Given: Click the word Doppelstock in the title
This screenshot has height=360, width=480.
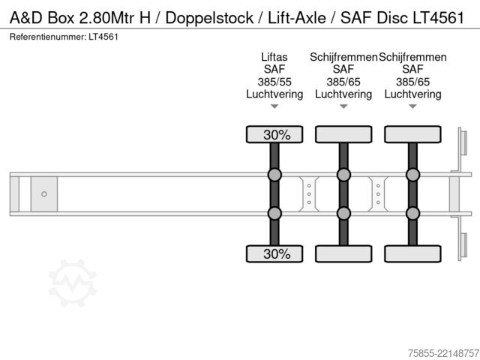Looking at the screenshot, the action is [x=209, y=18].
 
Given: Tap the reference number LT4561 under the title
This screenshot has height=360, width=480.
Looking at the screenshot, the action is [x=103, y=37].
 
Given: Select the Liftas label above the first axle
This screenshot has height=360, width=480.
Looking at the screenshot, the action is [x=274, y=57].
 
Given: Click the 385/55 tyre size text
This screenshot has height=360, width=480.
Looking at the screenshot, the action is [x=274, y=82].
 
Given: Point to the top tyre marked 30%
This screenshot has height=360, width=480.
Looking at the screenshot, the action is [x=274, y=134].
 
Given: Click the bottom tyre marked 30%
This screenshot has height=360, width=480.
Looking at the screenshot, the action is [x=274, y=253].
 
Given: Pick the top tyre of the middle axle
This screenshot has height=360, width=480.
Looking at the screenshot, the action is [x=343, y=134].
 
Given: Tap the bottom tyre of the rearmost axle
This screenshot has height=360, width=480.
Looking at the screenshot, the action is [x=413, y=253].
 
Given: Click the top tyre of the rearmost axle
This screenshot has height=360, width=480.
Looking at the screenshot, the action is [x=413, y=134].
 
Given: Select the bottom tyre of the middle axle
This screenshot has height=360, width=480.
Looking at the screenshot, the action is [x=343, y=253].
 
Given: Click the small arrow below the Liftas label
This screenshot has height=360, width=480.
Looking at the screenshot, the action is [x=274, y=106].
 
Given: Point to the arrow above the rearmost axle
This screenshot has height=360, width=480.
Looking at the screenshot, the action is [x=413, y=106].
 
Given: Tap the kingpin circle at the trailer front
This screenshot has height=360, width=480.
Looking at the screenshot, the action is [x=44, y=194].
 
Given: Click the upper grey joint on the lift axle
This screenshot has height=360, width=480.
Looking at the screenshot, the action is [x=274, y=175].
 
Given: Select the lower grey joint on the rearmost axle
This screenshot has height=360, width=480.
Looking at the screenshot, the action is [x=413, y=213].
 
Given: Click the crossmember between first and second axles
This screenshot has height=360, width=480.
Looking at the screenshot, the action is [x=309, y=194].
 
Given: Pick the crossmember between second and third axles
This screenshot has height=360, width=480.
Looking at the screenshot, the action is [x=378, y=194].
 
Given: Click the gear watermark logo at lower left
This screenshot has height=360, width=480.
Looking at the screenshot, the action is [x=73, y=283].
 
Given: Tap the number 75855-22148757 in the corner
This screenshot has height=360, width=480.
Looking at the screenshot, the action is [x=443, y=353].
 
